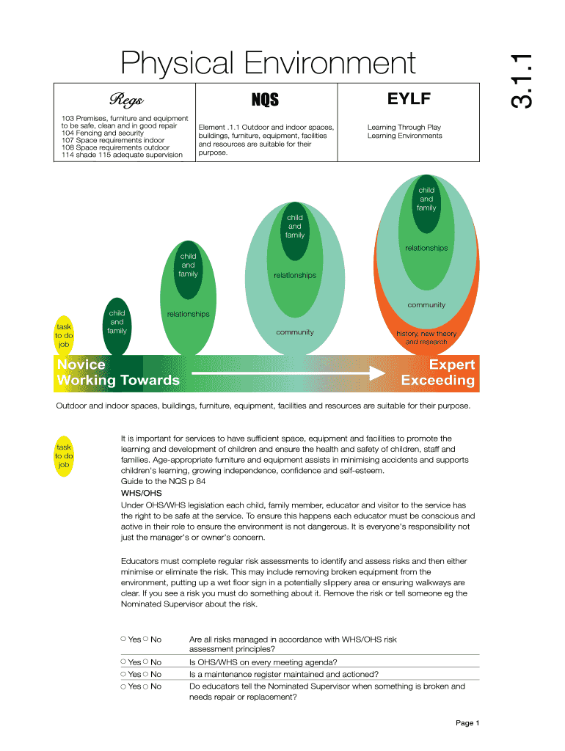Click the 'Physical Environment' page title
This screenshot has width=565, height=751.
pyautogui.click(x=269, y=64)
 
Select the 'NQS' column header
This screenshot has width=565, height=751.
pyautogui.click(x=265, y=99)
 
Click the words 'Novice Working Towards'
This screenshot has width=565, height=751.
pyautogui.click(x=117, y=373)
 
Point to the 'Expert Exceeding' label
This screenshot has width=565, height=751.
pyautogui.click(x=438, y=373)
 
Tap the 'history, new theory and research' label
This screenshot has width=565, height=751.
pyautogui.click(x=426, y=338)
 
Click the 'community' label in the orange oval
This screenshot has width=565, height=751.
pyautogui.click(x=426, y=305)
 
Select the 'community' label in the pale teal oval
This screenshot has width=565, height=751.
pyautogui.click(x=295, y=332)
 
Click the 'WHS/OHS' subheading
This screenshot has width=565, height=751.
pyautogui.click(x=141, y=494)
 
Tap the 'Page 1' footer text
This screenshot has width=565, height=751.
pyautogui.click(x=467, y=723)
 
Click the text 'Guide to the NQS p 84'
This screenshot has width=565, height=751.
pyautogui.click(x=163, y=482)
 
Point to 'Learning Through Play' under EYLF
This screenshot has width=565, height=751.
pyautogui.click(x=404, y=127)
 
